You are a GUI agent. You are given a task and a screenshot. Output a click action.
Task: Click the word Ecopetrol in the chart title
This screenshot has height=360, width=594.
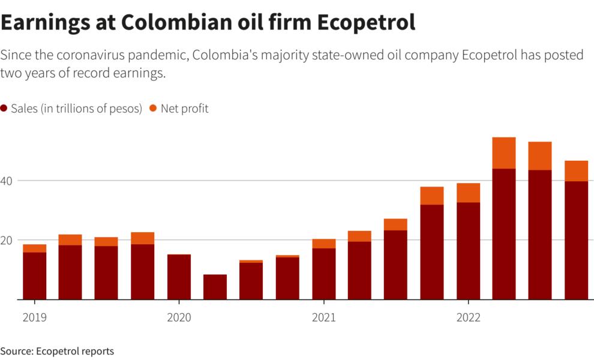[x=365, y=23]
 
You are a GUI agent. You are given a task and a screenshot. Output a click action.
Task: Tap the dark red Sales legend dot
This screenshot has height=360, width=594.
[x=4, y=109]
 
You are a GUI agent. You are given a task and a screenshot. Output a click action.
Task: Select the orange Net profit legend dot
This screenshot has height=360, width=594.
[x=153, y=109]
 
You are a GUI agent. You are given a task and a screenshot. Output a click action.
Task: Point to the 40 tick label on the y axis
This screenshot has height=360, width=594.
[x=8, y=181]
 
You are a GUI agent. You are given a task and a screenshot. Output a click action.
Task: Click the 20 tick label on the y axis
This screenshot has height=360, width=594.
[x=8, y=240]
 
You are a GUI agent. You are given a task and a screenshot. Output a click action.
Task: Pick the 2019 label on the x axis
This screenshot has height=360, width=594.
[x=35, y=317]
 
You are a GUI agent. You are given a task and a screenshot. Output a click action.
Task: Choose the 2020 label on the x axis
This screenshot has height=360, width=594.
[x=179, y=317]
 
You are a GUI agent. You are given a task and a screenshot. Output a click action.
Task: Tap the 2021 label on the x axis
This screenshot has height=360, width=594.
[x=324, y=317]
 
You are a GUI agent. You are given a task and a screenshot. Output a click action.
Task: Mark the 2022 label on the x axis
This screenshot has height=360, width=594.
[x=468, y=317]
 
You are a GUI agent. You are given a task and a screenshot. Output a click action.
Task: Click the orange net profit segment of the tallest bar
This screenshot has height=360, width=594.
[x=504, y=153]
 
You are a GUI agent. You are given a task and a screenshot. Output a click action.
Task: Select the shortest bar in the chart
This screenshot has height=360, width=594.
[x=215, y=287]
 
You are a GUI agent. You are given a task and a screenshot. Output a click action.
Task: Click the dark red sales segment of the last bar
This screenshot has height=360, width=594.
[x=576, y=240]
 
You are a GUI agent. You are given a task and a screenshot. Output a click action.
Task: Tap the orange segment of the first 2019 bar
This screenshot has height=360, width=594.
[x=35, y=248]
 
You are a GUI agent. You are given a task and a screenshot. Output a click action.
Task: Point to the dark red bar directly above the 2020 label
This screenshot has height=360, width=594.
[x=179, y=277]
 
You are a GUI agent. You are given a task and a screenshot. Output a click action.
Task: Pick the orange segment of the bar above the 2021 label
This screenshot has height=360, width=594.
[x=324, y=244]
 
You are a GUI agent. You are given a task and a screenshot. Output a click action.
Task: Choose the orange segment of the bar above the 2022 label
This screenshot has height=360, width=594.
[x=468, y=193]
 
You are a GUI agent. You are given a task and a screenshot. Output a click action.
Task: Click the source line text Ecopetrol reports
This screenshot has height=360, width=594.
[x=76, y=351]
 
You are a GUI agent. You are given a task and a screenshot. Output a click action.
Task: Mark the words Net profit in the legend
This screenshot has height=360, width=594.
[x=185, y=109]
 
